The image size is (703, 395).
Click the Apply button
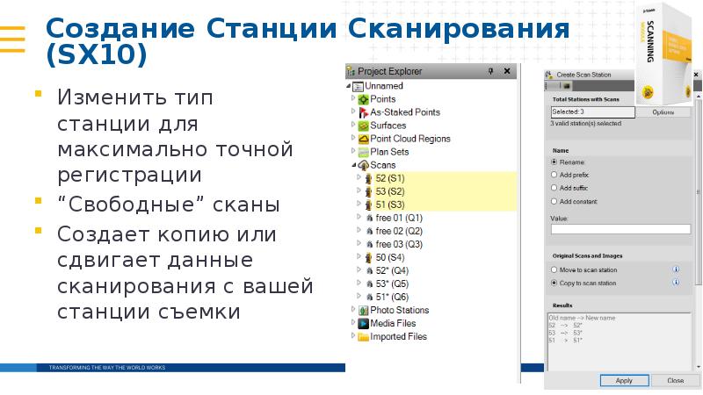click(x=624, y=381)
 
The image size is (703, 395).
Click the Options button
click(x=662, y=112)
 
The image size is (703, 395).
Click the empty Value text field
click(x=620, y=229)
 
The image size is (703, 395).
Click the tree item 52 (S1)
click(x=389, y=178)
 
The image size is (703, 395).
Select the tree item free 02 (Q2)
click(x=398, y=231)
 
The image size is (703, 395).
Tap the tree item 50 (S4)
click(x=389, y=257)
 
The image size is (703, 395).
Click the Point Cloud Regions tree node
click(x=409, y=139)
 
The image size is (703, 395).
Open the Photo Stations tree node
click(x=399, y=310)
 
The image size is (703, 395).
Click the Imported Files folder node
click(x=398, y=336)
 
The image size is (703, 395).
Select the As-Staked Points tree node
click(x=404, y=112)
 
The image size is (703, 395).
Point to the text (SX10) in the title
click(x=98, y=55)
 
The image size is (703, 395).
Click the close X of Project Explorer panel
click(x=504, y=70)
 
